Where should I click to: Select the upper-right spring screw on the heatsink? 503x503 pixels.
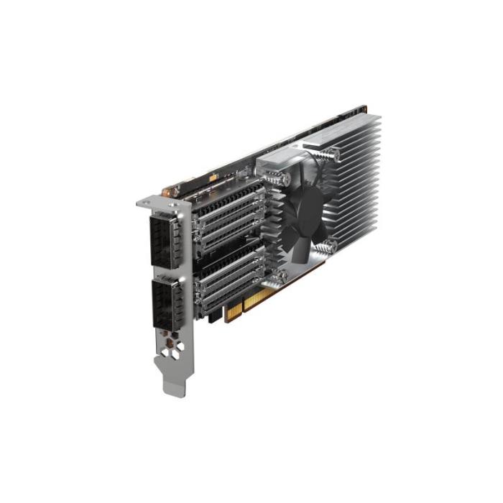pos(331,153)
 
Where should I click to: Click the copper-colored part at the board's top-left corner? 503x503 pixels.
pos(170,192)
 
